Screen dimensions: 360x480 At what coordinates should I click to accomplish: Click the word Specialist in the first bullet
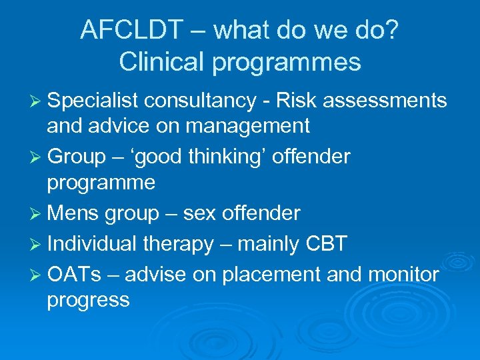(92, 101)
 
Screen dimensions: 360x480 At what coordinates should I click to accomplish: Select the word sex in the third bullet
(201, 213)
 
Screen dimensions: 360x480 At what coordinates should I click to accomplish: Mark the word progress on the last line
(88, 300)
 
